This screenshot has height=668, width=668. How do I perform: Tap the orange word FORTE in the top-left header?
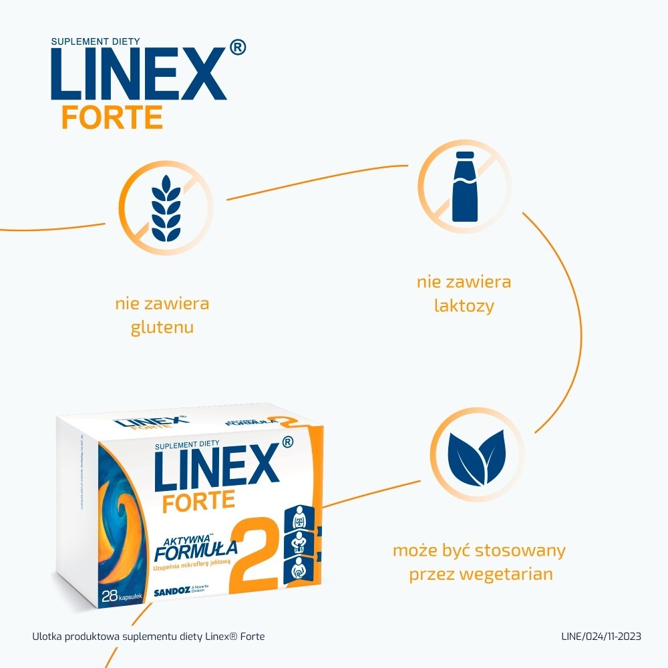coord(112,116)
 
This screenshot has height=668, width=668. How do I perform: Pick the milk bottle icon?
coord(464,186)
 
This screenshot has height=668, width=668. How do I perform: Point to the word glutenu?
coord(162,327)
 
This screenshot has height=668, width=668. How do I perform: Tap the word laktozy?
coord(464,306)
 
